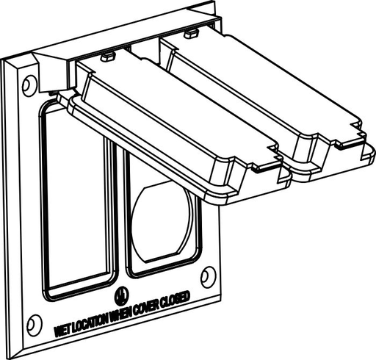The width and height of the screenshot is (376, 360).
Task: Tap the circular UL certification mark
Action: pyautogui.click(x=117, y=298)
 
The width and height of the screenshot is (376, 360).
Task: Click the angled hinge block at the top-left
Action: pyautogui.click(x=51, y=70)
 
